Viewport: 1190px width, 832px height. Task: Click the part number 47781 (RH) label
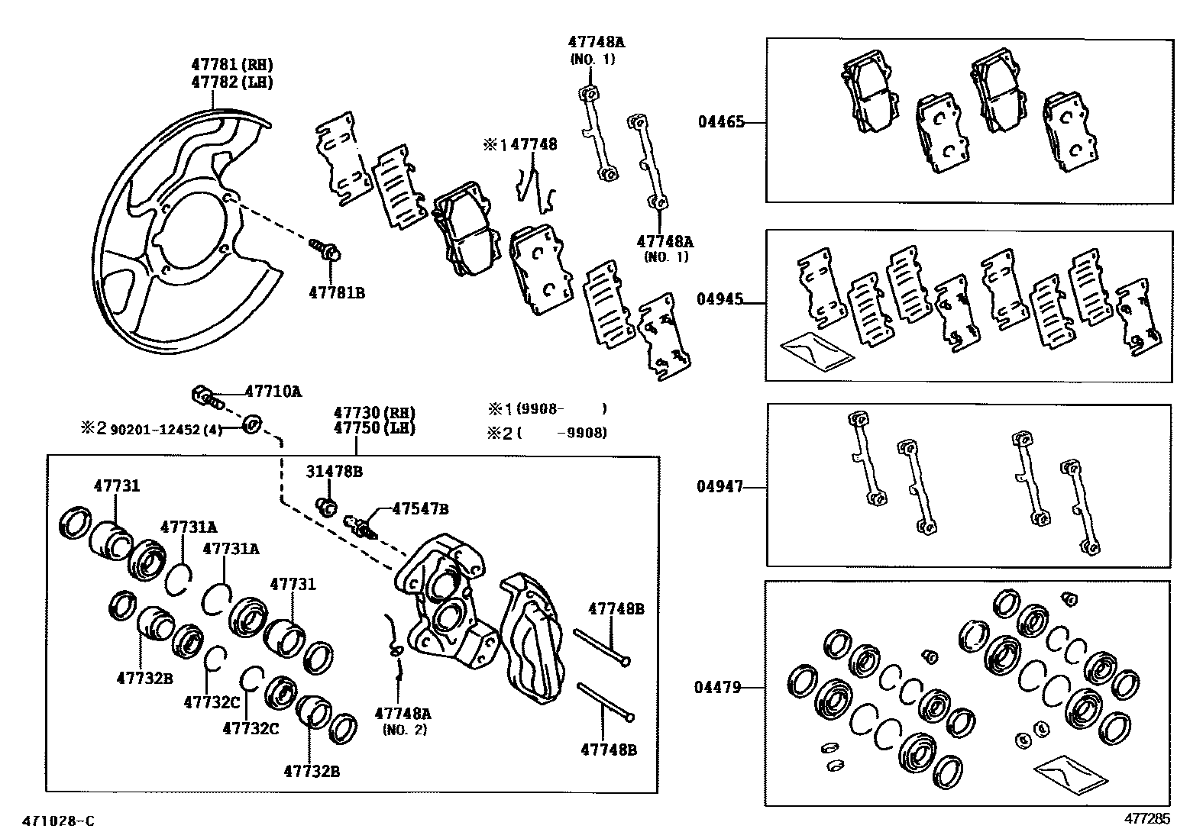(231, 65)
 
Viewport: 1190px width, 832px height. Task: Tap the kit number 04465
(719, 121)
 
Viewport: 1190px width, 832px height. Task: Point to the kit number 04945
(719, 300)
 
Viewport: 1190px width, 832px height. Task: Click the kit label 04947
(719, 485)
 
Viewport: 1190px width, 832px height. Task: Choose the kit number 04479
(717, 687)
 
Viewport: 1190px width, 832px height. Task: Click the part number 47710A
(273, 392)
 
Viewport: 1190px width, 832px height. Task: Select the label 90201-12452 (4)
(166, 429)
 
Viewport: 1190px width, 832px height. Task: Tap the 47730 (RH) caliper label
(373, 412)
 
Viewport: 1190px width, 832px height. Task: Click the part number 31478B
(335, 472)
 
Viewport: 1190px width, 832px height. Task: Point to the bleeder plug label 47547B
(420, 508)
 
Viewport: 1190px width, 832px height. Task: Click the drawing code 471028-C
(58, 821)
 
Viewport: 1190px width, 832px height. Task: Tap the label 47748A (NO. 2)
(403, 721)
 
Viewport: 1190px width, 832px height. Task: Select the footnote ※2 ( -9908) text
(548, 433)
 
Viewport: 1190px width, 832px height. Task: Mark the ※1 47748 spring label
(520, 144)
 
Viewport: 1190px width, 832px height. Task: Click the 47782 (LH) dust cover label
(231, 82)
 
